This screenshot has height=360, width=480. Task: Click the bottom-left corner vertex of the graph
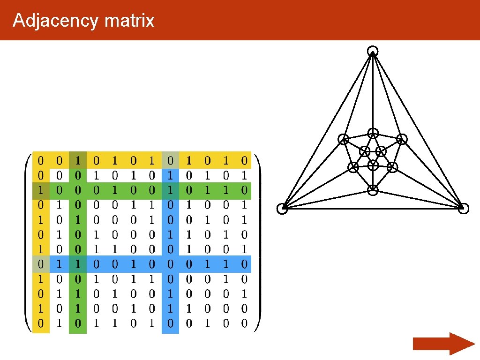[282, 209]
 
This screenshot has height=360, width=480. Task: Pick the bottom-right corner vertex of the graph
[463, 209]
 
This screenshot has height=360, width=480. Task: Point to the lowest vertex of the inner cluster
[373, 190]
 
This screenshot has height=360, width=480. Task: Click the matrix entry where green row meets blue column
[170, 190]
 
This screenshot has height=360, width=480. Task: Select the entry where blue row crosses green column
[78, 264]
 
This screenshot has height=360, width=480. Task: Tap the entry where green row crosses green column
[78, 190]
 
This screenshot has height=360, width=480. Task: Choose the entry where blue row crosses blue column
[170, 264]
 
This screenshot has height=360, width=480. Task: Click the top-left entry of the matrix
[41, 161]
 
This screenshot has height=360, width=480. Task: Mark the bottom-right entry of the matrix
[244, 323]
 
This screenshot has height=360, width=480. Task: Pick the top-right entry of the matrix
[244, 161]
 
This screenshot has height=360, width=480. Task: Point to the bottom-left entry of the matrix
[41, 323]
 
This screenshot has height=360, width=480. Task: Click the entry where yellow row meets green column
[78, 161]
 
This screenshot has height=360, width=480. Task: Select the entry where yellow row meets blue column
[170, 161]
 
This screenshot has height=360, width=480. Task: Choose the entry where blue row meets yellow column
[41, 264]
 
